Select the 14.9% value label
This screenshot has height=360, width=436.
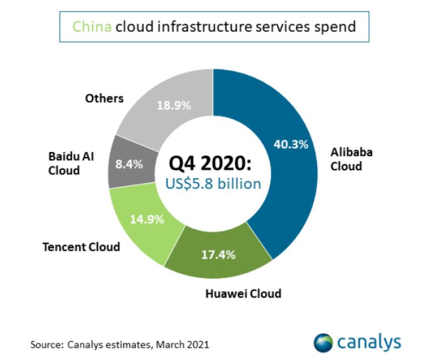point(146,219)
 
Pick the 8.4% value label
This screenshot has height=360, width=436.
point(129,164)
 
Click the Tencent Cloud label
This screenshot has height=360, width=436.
point(82,246)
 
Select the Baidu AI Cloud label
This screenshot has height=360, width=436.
point(71,163)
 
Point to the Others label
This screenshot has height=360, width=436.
point(104,98)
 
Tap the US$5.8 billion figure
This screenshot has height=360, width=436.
point(214,183)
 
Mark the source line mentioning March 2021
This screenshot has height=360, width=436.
point(119,344)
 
